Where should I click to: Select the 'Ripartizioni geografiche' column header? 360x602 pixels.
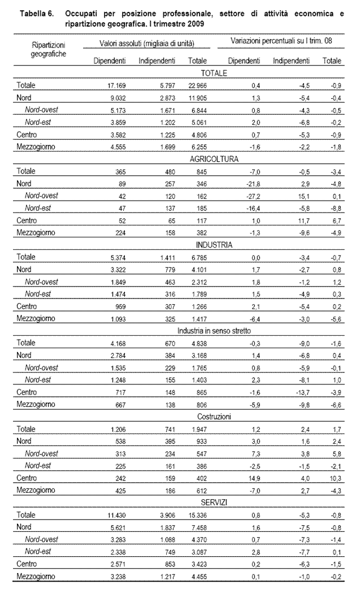pos(49,49)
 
